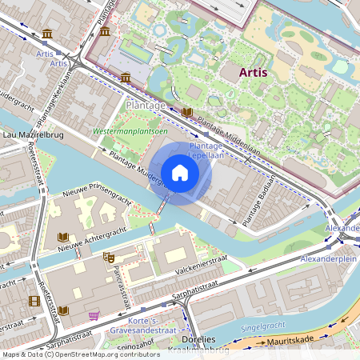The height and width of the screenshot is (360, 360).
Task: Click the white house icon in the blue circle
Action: (180, 172)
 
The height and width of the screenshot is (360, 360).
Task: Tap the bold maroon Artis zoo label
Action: (253, 72)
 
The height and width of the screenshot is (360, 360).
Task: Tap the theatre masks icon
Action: (109, 257)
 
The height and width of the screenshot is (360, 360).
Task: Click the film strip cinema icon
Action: (34, 301)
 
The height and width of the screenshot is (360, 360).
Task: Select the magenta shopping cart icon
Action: (94, 315)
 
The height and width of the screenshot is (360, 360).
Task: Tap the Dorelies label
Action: (191, 340)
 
